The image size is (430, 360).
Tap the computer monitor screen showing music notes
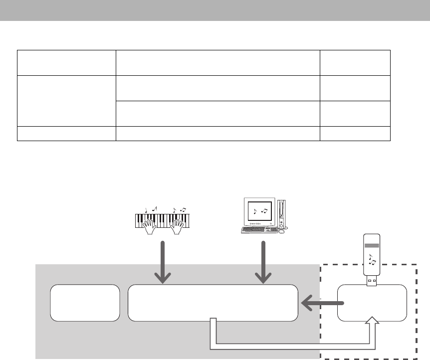[259, 211]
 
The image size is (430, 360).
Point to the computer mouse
[282, 231]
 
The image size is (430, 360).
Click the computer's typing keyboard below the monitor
[259, 230]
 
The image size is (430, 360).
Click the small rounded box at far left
[85, 303]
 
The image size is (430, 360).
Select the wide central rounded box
[213, 303]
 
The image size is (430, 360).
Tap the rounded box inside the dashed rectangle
[372, 303]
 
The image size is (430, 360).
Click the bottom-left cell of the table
[66, 134]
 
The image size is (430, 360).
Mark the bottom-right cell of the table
[355, 134]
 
